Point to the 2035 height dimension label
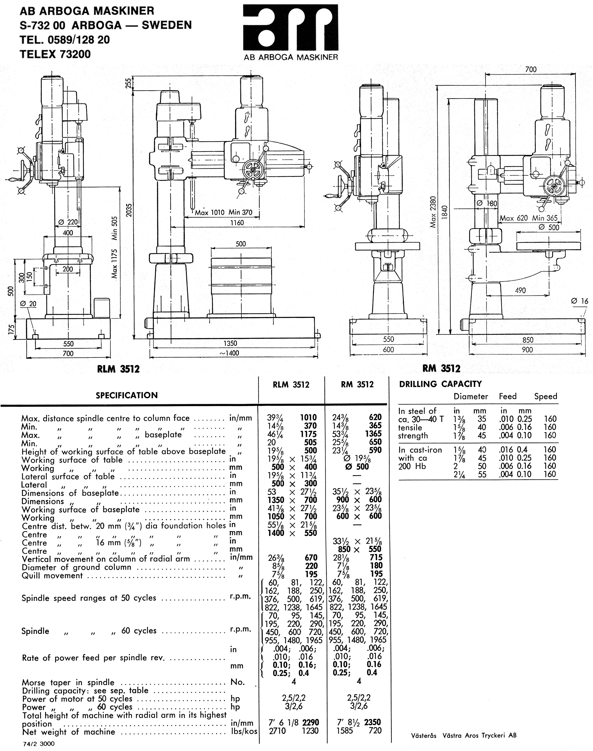tap(129, 210)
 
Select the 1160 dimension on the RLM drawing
tap(237, 223)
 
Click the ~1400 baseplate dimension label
tap(231, 353)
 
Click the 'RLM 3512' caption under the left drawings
tap(118, 369)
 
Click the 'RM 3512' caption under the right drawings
tap(441, 368)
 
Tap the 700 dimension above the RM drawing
tap(530, 69)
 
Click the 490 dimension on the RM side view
tap(520, 290)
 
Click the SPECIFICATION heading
tap(127, 395)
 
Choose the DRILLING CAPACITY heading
tap(440, 384)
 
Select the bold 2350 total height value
tap(372, 722)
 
